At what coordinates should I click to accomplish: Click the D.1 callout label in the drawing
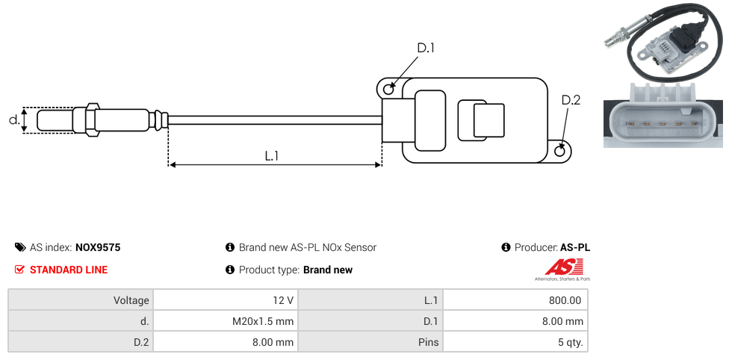[426, 48]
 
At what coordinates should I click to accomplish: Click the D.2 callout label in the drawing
[571, 100]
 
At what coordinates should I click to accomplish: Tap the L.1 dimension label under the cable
[272, 157]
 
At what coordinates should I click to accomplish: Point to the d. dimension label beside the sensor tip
[13, 120]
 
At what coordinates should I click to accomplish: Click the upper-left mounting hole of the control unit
[388, 90]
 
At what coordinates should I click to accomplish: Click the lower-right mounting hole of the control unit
[561, 151]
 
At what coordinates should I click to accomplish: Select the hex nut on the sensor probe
[93, 120]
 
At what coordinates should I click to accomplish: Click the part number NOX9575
[98, 247]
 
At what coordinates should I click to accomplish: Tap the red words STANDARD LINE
[69, 270]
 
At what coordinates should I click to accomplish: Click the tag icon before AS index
[20, 247]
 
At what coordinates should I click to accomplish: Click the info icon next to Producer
[506, 247]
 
